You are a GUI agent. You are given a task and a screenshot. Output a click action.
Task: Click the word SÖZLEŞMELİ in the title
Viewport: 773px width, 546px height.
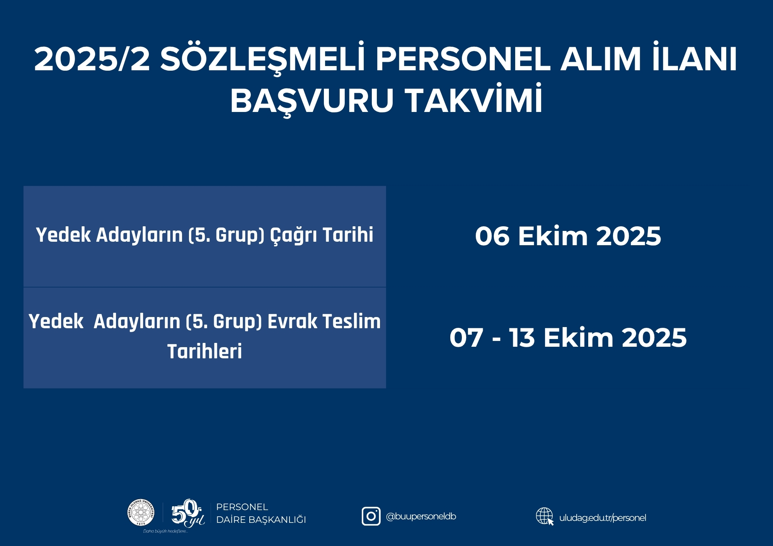(262, 59)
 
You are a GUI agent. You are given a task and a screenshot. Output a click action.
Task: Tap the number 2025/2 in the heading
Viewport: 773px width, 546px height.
(92, 59)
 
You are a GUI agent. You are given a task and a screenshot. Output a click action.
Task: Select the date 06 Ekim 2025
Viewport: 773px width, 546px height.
(568, 236)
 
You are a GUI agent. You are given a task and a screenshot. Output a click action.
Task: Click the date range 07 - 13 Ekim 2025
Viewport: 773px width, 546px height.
(568, 337)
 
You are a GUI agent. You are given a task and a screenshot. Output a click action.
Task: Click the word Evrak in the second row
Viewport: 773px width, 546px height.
(293, 321)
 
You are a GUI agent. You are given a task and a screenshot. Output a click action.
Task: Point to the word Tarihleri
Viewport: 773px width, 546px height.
(204, 351)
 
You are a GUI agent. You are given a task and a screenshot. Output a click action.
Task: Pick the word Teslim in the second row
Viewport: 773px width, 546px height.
(352, 321)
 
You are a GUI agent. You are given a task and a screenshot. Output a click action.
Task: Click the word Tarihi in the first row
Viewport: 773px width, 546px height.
(348, 234)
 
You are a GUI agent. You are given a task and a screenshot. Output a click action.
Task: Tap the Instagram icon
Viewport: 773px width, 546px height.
(371, 516)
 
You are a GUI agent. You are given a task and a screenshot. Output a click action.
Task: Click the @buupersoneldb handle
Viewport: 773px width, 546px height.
(421, 517)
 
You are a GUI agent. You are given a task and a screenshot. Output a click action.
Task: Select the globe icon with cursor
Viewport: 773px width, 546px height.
(545, 516)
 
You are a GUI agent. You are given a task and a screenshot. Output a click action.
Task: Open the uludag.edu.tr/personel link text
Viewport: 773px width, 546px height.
(603, 518)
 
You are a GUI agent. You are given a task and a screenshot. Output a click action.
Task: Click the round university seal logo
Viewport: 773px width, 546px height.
(141, 512)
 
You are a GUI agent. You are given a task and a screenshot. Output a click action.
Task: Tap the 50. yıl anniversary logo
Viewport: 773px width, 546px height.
(188, 513)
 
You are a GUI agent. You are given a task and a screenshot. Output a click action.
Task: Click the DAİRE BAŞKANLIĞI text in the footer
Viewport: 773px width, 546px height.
(261, 520)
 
